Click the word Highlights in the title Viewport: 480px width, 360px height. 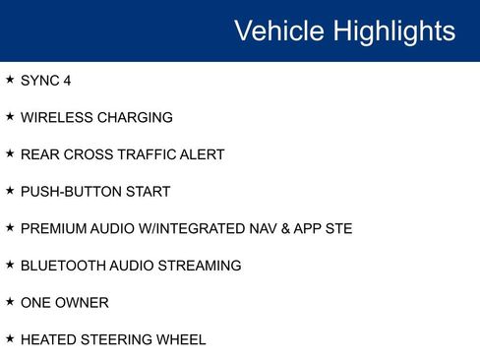[394, 30]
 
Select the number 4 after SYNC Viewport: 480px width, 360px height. [67, 81]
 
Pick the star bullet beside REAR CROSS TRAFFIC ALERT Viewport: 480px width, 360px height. [10, 154]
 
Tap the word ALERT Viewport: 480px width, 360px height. [203, 154]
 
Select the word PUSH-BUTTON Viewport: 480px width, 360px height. [70, 192]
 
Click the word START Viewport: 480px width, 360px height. [148, 192]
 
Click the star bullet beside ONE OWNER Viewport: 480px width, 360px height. [10, 302]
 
